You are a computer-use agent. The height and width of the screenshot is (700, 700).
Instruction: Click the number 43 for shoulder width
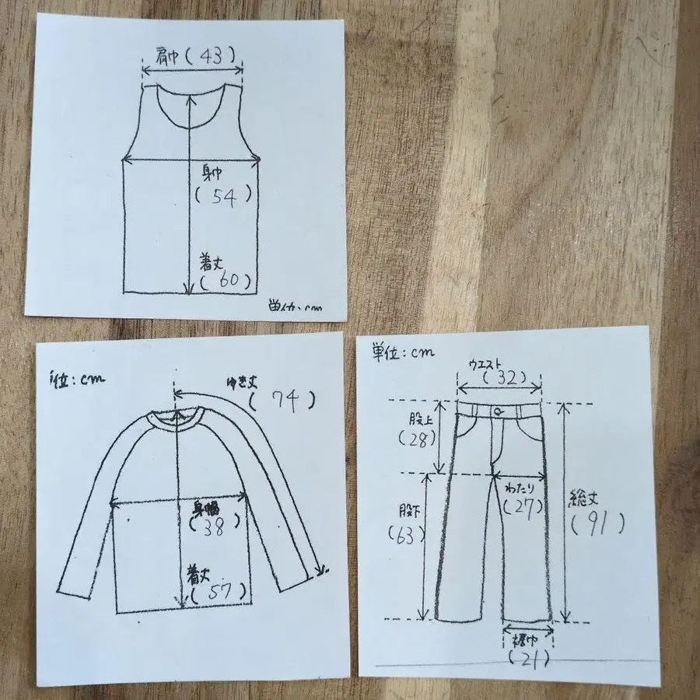click(212, 56)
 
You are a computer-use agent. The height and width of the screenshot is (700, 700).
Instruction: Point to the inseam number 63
click(405, 535)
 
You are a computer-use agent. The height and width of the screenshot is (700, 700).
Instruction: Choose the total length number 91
click(597, 524)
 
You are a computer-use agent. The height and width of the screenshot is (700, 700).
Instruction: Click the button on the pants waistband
click(496, 411)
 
